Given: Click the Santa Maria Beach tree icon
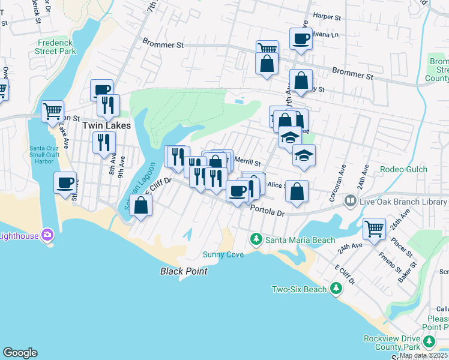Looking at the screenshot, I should pos(256,240).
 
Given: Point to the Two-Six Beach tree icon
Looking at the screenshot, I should pos(336,289).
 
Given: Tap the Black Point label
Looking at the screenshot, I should pos(184,271).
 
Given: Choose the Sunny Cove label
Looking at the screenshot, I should pos(223,254).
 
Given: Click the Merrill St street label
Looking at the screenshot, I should pos(247,162).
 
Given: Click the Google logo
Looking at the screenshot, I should pos(20,352).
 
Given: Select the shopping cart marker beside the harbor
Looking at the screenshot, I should pos(53,110).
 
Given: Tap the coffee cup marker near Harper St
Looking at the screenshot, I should pos(301,38).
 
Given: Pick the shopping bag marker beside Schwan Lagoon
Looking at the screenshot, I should pos(140,205).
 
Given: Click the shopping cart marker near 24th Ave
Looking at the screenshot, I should pos(375,228).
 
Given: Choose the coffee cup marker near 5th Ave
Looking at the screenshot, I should pos(65,182).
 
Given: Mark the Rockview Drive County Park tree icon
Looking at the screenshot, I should pos(429,342).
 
